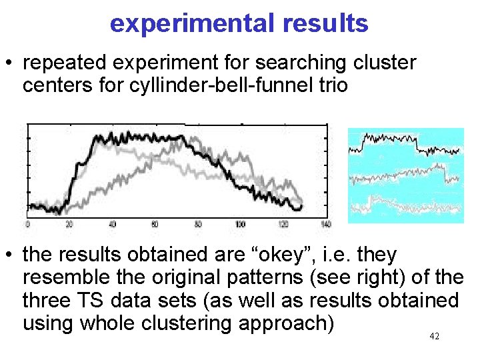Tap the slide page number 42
click(434, 337)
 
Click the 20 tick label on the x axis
click(69, 224)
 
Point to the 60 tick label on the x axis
click(154, 224)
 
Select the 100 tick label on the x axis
click(240, 224)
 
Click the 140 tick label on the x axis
click(325, 224)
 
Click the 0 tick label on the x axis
click(27, 224)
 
